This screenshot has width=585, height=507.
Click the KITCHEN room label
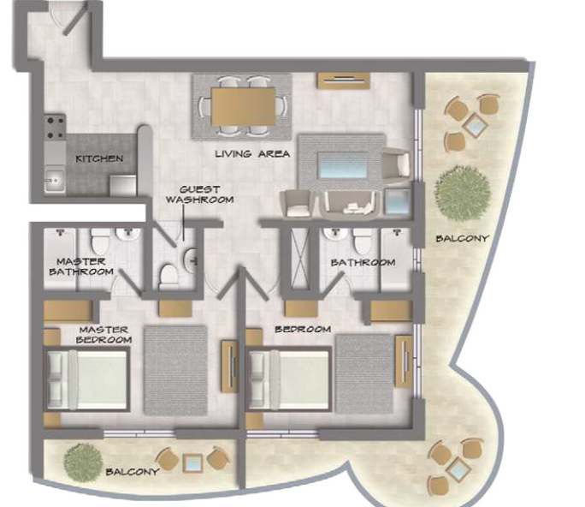(x=99, y=158)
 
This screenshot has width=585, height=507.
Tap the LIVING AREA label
(x=252, y=153)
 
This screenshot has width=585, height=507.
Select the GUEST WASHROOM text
(x=199, y=194)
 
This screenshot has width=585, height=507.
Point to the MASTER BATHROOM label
(x=81, y=266)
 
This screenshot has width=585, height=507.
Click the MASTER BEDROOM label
(x=103, y=335)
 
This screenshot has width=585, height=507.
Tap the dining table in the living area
(x=243, y=106)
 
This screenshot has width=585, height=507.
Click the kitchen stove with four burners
(x=55, y=127)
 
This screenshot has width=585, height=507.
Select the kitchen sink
(x=55, y=181)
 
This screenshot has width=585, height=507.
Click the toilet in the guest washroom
(x=168, y=277)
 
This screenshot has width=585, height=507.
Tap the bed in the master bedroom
(x=87, y=379)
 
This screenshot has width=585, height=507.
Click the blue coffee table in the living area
(x=343, y=165)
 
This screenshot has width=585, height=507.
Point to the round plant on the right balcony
(x=462, y=192)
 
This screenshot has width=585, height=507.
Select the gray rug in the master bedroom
(x=175, y=370)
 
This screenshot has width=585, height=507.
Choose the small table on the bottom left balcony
(x=193, y=463)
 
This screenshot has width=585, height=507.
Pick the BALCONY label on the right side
(x=462, y=238)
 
